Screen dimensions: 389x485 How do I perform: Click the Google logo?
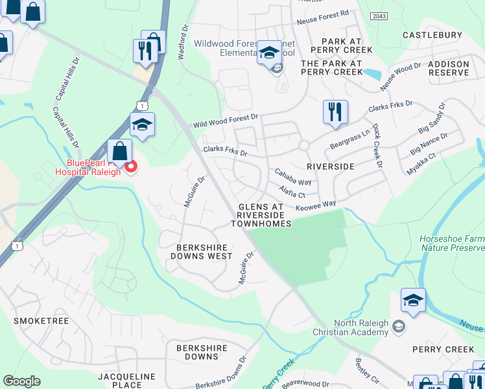tap(21, 381)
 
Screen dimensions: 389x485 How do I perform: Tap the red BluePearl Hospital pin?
tap(130, 167)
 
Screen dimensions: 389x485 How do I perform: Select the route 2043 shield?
tap(380, 15)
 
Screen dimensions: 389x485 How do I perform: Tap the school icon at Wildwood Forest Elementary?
tap(268, 53)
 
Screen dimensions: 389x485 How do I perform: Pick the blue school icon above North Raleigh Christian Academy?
tap(413, 300)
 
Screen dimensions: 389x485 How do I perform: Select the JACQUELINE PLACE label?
tap(128, 381)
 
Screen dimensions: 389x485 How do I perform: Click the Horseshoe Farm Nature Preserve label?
tap(452, 243)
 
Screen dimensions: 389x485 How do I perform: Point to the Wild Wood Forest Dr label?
tap(225, 121)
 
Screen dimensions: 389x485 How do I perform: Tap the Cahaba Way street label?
tap(292, 176)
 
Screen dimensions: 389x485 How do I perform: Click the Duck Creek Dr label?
tap(375, 143)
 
